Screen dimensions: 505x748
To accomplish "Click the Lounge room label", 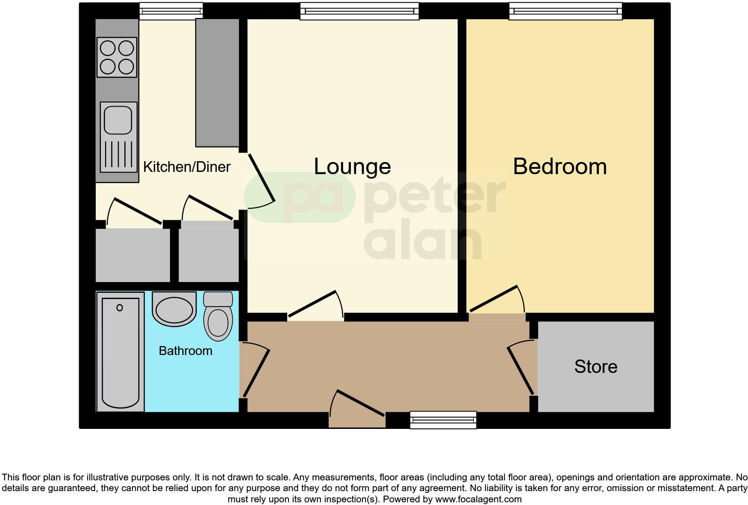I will click(352, 167).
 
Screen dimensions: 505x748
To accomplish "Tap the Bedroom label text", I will click(560, 167).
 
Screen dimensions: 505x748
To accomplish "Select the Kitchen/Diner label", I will click(187, 167).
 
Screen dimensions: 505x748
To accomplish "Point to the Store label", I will click(595, 367).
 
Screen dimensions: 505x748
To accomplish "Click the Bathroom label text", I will click(185, 351).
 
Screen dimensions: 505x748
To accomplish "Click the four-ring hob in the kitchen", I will click(117, 57).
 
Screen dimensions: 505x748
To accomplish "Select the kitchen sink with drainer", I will click(119, 137).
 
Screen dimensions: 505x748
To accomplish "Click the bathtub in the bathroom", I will click(120, 352).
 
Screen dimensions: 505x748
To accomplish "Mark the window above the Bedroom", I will click(565, 11).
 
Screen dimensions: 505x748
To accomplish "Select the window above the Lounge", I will click(359, 11).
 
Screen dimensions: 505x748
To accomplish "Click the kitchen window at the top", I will click(171, 11).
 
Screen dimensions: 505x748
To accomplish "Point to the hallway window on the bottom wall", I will click(443, 420).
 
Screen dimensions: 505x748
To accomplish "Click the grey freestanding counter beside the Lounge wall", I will click(217, 83).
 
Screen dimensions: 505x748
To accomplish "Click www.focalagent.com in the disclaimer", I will click(478, 499).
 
